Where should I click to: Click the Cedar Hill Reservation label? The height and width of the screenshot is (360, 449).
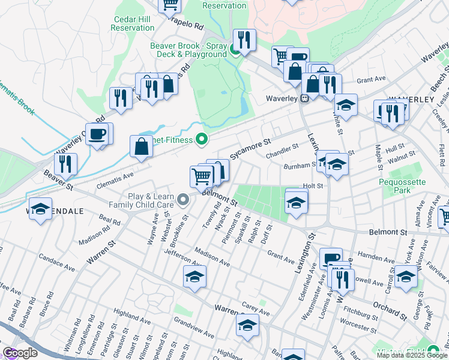click(133, 23)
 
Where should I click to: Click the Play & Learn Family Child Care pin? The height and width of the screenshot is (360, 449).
click(184, 200)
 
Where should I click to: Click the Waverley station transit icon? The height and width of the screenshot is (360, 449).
click(305, 98)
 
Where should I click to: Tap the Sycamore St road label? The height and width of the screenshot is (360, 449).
click(250, 146)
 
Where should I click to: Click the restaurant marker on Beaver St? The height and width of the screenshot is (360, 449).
click(65, 163)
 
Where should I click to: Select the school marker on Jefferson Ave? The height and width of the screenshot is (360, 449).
click(195, 277)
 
